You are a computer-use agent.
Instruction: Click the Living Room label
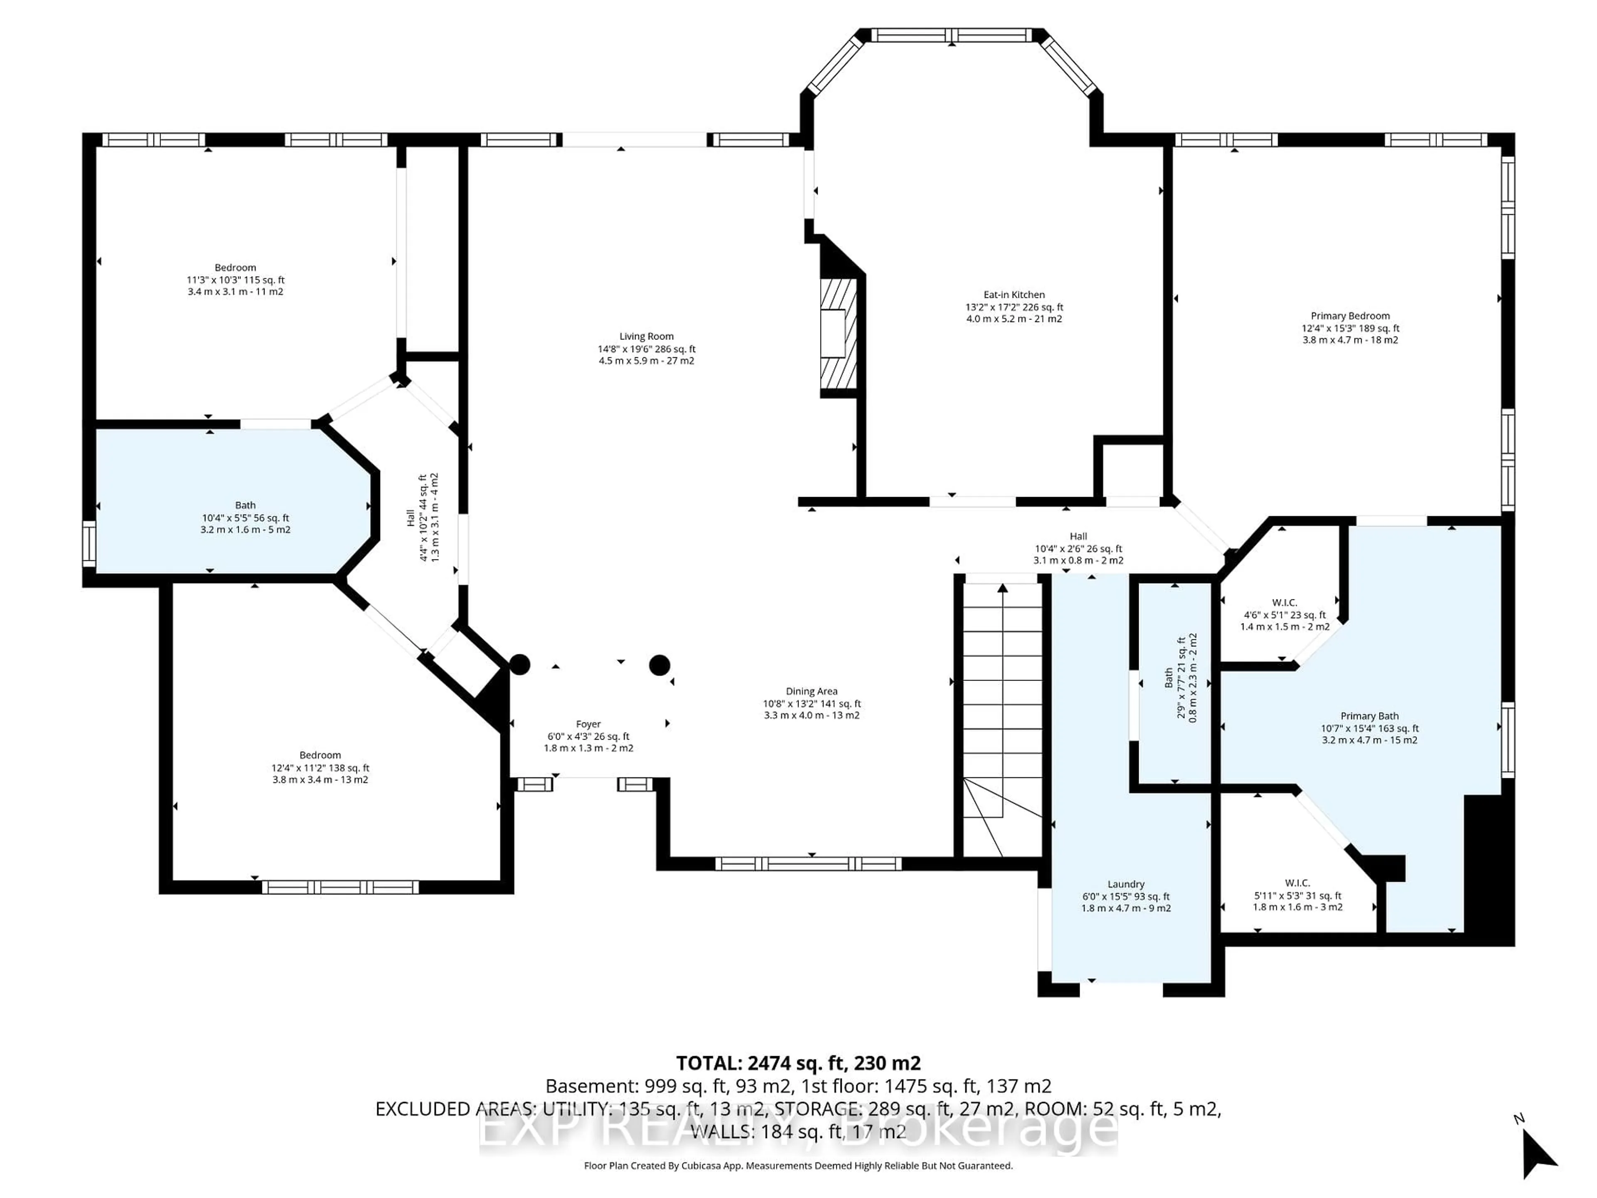click(646, 337)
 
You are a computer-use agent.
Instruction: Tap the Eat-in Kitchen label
click(1014, 295)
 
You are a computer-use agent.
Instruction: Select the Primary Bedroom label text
click(1350, 316)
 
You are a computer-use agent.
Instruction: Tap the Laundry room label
click(1125, 884)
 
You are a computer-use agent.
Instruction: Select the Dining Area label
click(811, 691)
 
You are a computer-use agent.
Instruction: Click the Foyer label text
click(588, 723)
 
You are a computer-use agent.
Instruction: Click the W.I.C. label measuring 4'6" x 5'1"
click(1284, 602)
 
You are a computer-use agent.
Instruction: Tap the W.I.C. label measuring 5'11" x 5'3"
click(1298, 882)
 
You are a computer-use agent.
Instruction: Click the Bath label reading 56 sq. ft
click(245, 505)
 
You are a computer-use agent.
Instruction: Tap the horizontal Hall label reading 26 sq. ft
click(1078, 536)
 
